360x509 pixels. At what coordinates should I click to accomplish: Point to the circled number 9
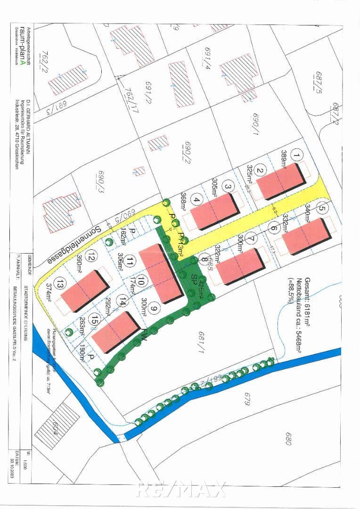tap(153, 309)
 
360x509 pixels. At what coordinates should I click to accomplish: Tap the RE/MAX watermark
tap(180, 490)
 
